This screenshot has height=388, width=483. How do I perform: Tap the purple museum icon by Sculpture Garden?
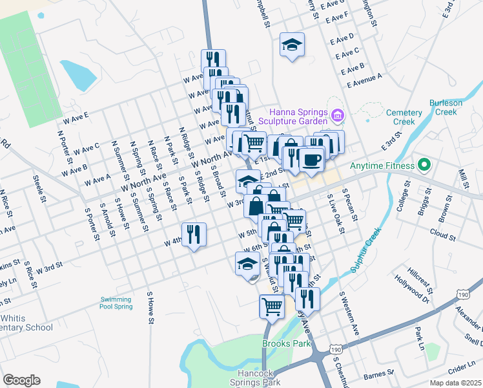click(x=336, y=116)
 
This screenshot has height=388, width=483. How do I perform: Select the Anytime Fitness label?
click(x=381, y=166)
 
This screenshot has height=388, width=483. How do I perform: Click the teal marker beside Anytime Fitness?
click(x=424, y=165)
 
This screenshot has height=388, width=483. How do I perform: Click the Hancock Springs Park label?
click(x=257, y=378)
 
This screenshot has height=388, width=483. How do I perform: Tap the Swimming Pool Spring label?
click(x=116, y=302)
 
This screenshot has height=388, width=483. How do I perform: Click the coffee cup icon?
click(x=311, y=159)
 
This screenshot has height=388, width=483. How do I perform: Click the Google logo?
click(x=21, y=380)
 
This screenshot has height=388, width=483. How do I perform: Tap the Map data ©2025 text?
click(x=456, y=383)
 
